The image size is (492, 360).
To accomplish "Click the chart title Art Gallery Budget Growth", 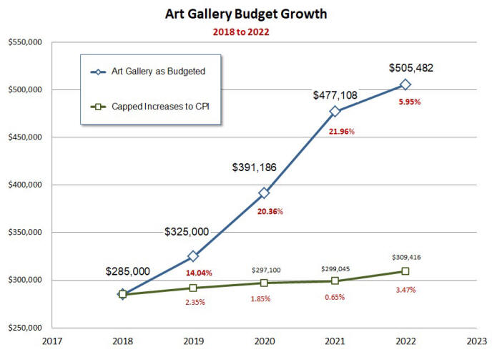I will pyautogui.click(x=246, y=14).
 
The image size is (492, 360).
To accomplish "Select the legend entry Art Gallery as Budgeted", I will pyautogui.click(x=148, y=72).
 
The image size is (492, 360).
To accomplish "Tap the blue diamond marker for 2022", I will pyautogui.click(x=405, y=84).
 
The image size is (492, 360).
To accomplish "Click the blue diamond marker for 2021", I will pyautogui.click(x=335, y=111).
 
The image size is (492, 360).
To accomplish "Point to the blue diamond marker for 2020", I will pyautogui.click(x=264, y=193).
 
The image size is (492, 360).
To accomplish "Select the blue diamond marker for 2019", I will pyautogui.click(x=193, y=256).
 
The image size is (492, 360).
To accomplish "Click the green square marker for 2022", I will pyautogui.click(x=405, y=271).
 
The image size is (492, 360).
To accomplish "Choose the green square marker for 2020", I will pyautogui.click(x=264, y=283).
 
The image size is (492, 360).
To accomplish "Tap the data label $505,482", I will pyautogui.click(x=410, y=68).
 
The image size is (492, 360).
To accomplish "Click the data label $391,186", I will pyautogui.click(x=254, y=167).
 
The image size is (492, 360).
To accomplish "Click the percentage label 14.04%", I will pyautogui.click(x=200, y=273).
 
